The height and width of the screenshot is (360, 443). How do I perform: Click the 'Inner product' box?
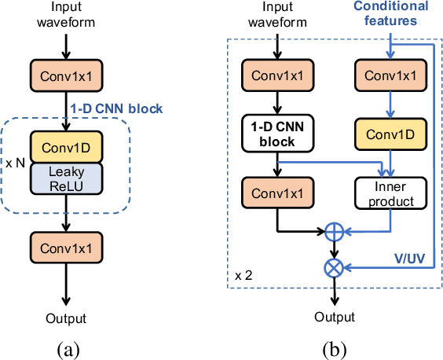(390, 193)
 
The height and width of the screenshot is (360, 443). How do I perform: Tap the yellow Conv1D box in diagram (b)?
(390, 134)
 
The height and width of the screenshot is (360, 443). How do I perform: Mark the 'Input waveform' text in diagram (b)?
(276, 15)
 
